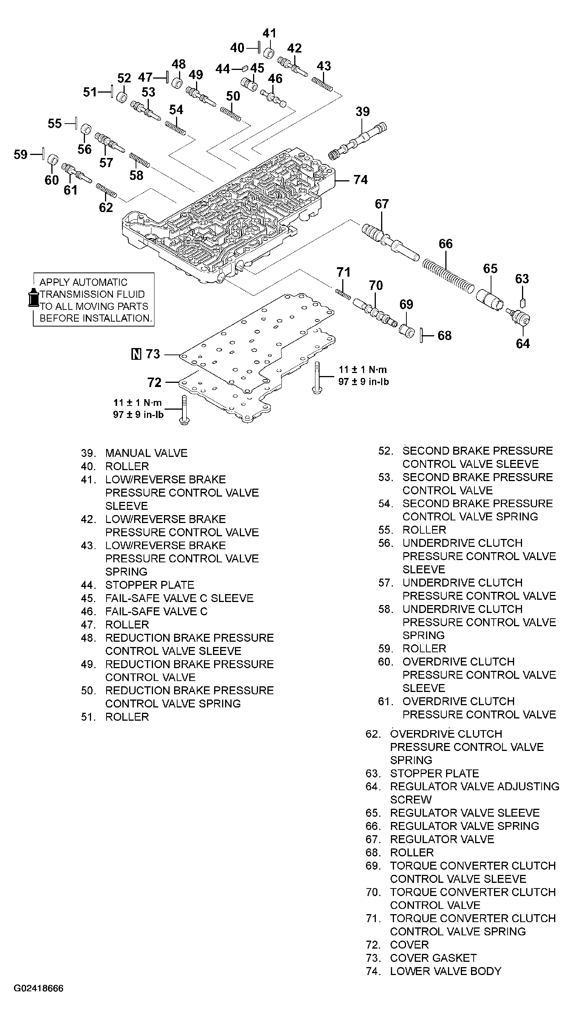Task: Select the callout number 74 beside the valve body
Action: click(360, 180)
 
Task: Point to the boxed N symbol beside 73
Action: click(136, 354)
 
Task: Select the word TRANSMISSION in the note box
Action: click(92, 294)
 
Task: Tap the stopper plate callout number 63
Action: click(522, 279)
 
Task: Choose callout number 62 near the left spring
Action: click(106, 207)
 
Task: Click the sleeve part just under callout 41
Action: click(269, 53)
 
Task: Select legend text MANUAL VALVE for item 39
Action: click(146, 453)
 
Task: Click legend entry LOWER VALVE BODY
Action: click(446, 971)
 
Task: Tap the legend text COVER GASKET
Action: click(433, 958)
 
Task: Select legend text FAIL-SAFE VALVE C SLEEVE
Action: click(179, 598)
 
